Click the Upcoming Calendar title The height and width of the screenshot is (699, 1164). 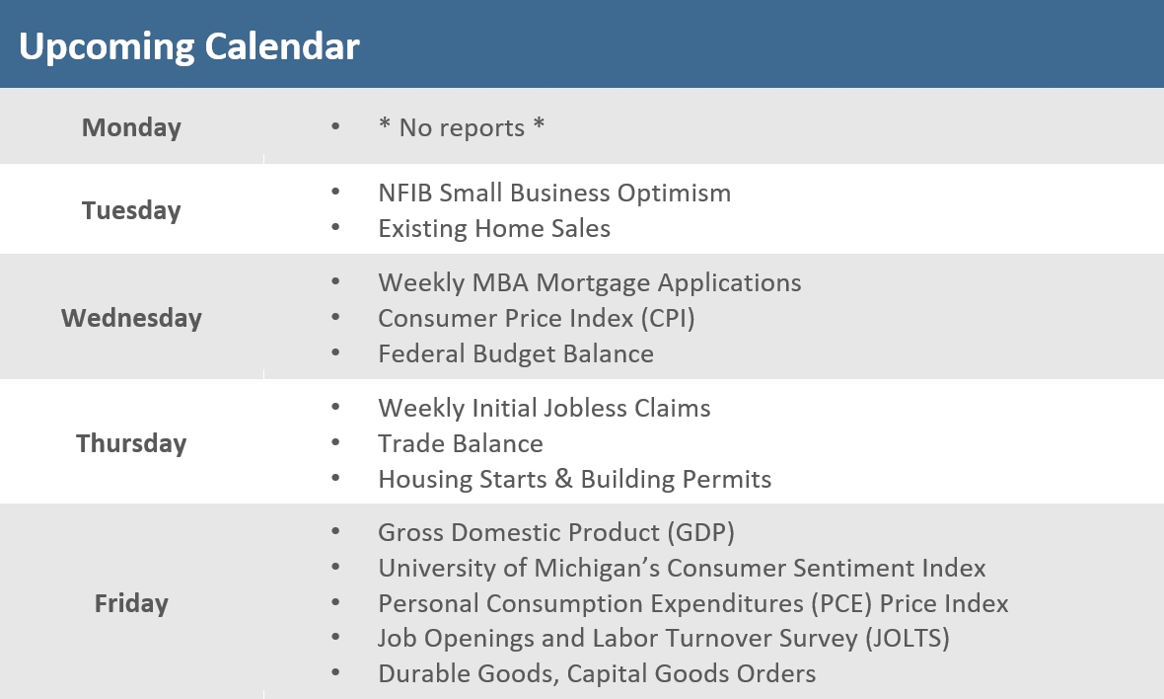pyautogui.click(x=188, y=46)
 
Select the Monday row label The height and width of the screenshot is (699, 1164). pyautogui.click(x=131, y=127)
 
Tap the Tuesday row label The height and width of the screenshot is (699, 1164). pyautogui.click(x=131, y=210)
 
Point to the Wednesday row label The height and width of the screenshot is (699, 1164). pyautogui.click(x=131, y=318)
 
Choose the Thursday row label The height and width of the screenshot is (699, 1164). pyautogui.click(x=131, y=443)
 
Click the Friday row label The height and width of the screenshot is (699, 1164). pyautogui.click(x=131, y=603)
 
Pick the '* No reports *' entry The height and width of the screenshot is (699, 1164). pyautogui.click(x=461, y=127)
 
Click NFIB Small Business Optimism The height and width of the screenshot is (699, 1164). pyautogui.click(x=554, y=193)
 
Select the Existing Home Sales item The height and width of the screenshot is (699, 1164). pyautogui.click(x=494, y=228)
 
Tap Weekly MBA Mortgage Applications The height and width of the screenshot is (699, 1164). pyautogui.click(x=589, y=282)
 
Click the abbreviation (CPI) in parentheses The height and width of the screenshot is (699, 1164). pyautogui.click(x=667, y=318)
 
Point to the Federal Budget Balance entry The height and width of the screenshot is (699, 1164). pyautogui.click(x=515, y=353)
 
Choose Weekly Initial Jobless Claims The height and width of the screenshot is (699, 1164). pyautogui.click(x=544, y=408)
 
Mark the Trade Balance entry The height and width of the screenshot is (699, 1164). pyautogui.click(x=460, y=443)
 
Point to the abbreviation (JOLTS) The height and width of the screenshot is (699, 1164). pyautogui.click(x=907, y=639)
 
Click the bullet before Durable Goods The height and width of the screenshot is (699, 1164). pyautogui.click(x=336, y=674)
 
